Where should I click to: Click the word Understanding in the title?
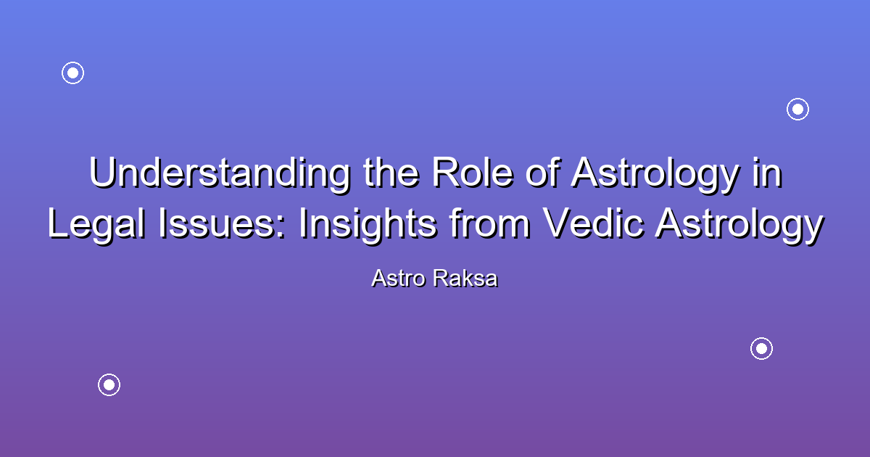(x=220, y=173)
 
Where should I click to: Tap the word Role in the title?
(x=472, y=172)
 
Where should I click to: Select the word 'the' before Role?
(x=391, y=172)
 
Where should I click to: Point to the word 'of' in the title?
(x=542, y=172)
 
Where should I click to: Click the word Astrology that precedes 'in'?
(x=655, y=173)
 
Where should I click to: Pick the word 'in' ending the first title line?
(x=767, y=172)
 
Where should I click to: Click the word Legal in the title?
(x=96, y=224)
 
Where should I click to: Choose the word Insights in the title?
(x=368, y=224)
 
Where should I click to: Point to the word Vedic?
(x=593, y=223)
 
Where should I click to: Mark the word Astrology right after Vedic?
(x=739, y=224)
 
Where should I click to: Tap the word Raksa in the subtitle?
(x=465, y=279)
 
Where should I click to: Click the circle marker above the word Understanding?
(x=72, y=73)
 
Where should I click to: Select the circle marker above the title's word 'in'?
(x=797, y=110)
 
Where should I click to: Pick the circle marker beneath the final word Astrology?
(x=761, y=349)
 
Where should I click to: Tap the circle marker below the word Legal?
(x=109, y=384)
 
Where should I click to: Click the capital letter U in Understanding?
(x=102, y=172)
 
